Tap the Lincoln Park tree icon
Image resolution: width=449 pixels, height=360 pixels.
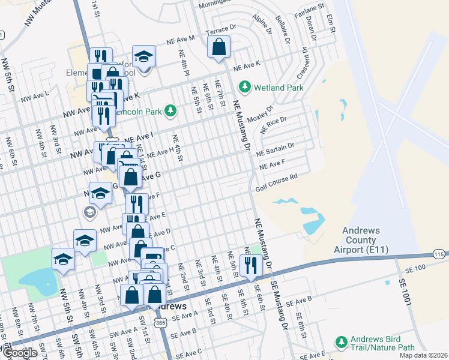click(x=171, y=111)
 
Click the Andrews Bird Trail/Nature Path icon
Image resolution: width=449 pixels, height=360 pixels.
click(x=342, y=342)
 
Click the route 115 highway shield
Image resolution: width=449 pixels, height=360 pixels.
click(x=439, y=254)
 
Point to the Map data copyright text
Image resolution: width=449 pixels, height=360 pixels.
click(x=423, y=355)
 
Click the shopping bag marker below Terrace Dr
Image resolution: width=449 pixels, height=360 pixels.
click(x=219, y=47)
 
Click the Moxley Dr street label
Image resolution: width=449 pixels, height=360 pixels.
click(x=262, y=112)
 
